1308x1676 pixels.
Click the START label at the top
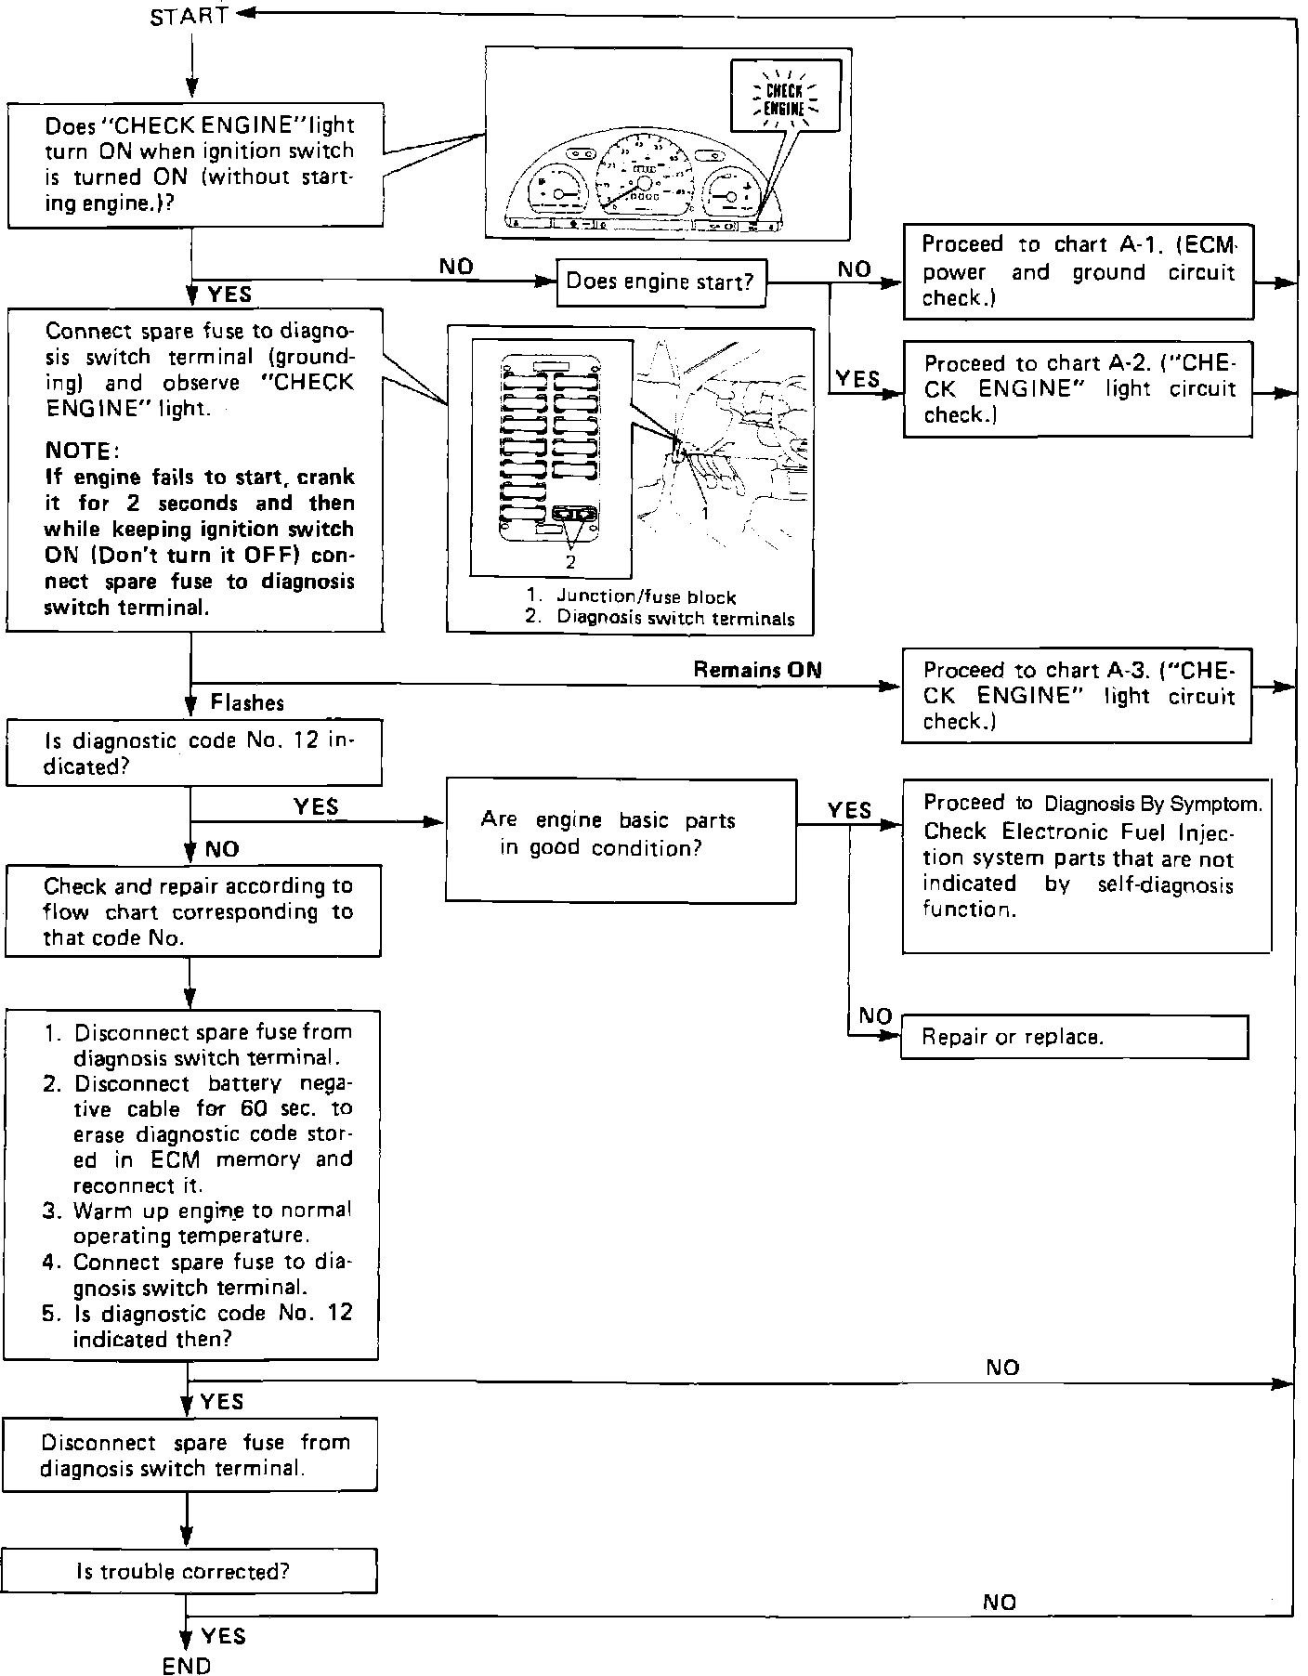click(x=189, y=17)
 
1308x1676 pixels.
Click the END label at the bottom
click(x=187, y=1665)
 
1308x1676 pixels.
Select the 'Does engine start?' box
click(x=661, y=282)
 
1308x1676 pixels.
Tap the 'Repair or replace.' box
click(x=1074, y=1037)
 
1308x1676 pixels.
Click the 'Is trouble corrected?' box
click(x=189, y=1571)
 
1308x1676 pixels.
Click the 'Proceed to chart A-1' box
click(x=1078, y=271)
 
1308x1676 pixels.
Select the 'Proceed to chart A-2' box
click(x=1078, y=388)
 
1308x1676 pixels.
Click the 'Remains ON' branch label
click(x=757, y=670)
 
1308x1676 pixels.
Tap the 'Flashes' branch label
click(x=247, y=702)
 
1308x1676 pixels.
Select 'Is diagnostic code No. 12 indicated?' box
click(x=193, y=753)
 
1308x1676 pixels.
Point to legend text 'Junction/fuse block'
click(x=646, y=597)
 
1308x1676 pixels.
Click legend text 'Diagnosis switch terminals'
click(x=674, y=619)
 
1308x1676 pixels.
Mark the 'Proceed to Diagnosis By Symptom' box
click(x=1086, y=865)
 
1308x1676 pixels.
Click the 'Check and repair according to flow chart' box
click(x=193, y=910)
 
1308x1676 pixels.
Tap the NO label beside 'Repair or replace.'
click(x=875, y=1016)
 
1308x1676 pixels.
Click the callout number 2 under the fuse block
click(x=570, y=562)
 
